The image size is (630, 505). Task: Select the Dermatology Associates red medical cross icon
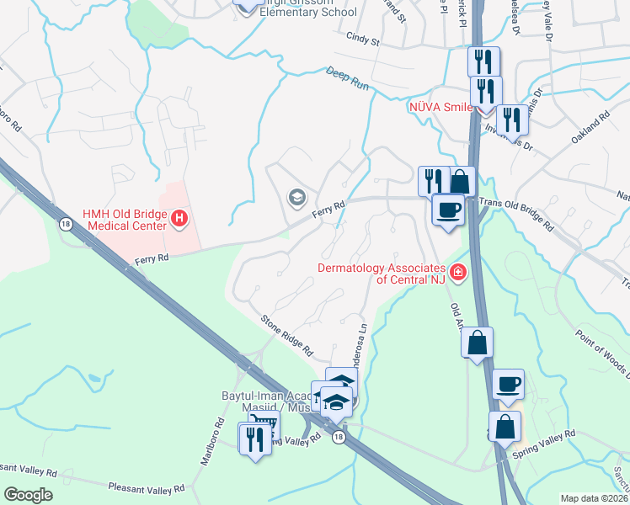[x=457, y=272]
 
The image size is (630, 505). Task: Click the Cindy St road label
[x=364, y=39]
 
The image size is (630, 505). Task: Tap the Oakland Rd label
[x=591, y=125]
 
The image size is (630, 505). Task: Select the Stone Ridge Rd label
[x=286, y=334]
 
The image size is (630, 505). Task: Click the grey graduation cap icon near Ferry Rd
[x=296, y=198]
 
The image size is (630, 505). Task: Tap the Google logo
[x=28, y=495]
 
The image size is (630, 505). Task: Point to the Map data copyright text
[x=594, y=498]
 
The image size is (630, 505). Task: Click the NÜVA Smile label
[x=440, y=108]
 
